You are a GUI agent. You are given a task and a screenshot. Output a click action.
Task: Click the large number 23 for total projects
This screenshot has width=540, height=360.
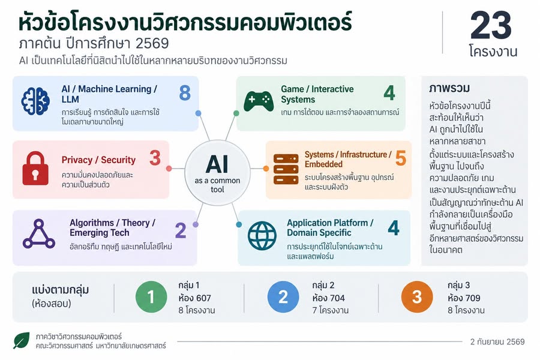tap(491, 25)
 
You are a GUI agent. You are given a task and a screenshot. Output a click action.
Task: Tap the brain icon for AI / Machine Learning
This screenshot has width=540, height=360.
tap(35, 101)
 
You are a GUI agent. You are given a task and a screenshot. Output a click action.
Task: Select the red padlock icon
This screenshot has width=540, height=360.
tap(35, 168)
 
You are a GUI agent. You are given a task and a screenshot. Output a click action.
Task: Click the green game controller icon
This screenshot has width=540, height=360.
tap(258, 101)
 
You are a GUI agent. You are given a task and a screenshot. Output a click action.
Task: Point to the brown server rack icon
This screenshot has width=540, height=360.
tap(286, 169)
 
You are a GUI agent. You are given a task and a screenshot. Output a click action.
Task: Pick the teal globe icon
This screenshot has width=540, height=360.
tap(262, 236)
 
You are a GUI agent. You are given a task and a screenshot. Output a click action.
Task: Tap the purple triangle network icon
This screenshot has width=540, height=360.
tap(39, 233)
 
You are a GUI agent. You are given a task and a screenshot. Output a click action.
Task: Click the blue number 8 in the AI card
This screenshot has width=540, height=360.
tap(185, 92)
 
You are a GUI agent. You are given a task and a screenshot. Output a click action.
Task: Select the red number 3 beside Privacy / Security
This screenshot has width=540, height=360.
tap(155, 158)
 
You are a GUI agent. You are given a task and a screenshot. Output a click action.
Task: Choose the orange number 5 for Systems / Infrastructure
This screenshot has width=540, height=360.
tap(401, 158)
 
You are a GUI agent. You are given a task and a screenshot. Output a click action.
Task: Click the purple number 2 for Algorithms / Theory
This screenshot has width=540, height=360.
tap(181, 230)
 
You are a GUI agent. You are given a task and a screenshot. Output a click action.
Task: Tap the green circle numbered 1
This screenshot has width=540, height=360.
tap(151, 297)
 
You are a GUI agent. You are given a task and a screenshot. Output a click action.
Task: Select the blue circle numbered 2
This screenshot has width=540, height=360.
tap(283, 297)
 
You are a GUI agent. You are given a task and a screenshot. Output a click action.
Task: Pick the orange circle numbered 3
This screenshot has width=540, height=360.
tap(417, 297)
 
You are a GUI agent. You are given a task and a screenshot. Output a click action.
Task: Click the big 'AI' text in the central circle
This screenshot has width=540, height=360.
tap(217, 164)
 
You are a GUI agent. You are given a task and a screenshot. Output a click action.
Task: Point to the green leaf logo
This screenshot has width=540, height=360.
tap(22, 340)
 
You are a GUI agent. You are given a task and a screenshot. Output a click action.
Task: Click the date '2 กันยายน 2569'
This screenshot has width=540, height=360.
tap(497, 342)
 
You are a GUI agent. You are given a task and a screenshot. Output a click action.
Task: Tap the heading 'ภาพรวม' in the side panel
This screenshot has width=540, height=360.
tap(449, 89)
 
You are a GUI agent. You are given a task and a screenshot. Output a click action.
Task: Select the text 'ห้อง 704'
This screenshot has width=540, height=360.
tap(329, 298)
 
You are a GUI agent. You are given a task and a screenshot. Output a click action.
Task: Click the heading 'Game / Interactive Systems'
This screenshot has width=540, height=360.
tap(317, 94)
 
